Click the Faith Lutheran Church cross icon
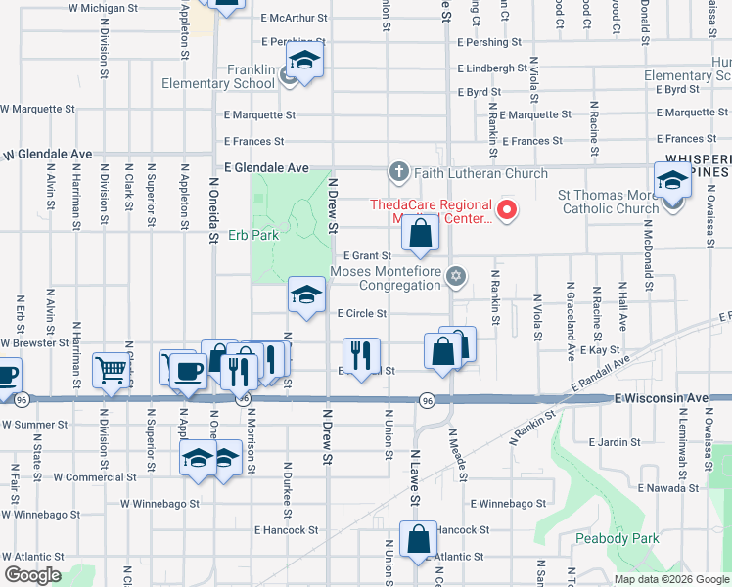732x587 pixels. point(397,172)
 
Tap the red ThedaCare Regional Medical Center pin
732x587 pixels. point(507,209)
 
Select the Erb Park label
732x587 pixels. point(253,235)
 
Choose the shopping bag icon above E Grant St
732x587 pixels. point(420,235)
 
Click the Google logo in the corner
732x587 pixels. point(32,575)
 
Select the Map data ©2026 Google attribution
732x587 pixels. point(670,579)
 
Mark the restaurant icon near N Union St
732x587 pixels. point(360,354)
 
